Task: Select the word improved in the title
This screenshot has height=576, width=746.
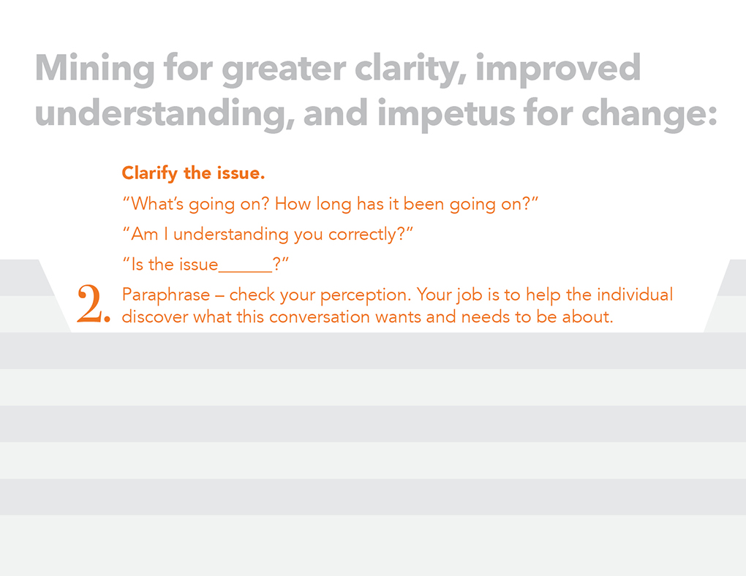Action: pyautogui.click(x=558, y=69)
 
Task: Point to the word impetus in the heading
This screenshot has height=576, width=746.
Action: pyautogui.click(x=446, y=115)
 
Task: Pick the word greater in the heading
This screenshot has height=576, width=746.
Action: pyautogui.click(x=284, y=69)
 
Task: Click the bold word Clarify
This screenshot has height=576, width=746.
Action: pyautogui.click(x=149, y=174)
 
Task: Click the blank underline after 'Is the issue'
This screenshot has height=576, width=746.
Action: pyautogui.click(x=245, y=271)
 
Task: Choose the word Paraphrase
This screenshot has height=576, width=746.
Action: pyautogui.click(x=166, y=295)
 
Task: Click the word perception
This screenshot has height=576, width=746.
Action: pyautogui.click(x=366, y=295)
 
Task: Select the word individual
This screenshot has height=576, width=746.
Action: pyautogui.click(x=635, y=295)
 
